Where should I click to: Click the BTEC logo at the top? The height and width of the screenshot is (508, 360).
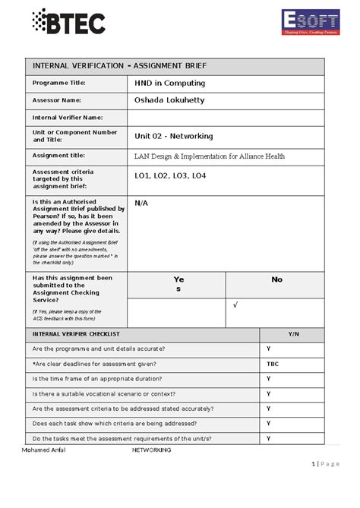(69, 22)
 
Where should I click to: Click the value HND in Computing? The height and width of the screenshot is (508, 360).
(170, 83)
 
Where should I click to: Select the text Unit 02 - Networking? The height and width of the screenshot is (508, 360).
(174, 136)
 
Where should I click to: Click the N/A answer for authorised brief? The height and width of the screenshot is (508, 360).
(141, 204)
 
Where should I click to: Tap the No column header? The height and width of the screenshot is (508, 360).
(276, 279)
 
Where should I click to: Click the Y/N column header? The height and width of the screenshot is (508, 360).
(292, 334)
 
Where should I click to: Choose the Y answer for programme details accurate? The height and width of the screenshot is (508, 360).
(269, 349)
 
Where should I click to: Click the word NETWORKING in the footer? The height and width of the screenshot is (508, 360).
(152, 450)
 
